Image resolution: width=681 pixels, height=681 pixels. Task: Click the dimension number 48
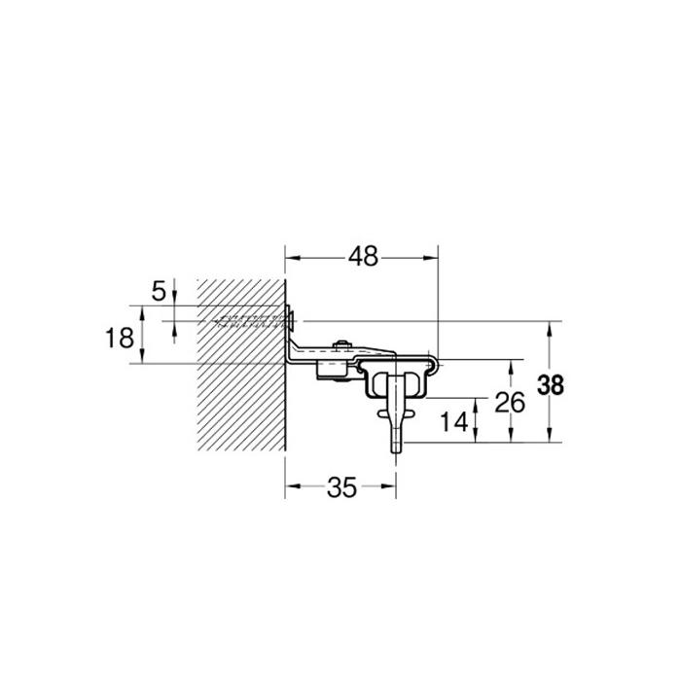pos(363,257)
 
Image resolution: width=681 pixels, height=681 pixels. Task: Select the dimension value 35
pos(341,487)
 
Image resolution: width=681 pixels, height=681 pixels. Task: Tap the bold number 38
pos(551,385)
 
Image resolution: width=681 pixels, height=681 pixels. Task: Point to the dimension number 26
pos(510,403)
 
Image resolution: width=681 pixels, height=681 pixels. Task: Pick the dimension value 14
pos(454,421)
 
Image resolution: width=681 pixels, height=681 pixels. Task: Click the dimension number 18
pos(120,338)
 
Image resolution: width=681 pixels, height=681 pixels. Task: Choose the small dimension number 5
pos(159,291)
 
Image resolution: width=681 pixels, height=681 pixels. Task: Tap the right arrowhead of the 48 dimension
pos(430,258)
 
